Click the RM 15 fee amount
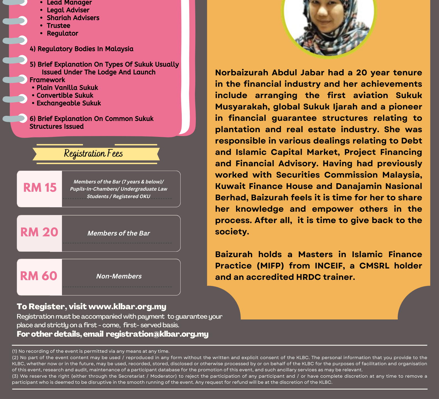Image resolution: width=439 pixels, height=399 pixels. tap(40, 188)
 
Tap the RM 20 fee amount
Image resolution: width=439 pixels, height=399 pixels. tap(39, 232)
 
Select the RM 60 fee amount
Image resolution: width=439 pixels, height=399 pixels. tap(39, 276)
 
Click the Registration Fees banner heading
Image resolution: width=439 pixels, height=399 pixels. tap(93, 154)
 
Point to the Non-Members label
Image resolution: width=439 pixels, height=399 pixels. tap(119, 276)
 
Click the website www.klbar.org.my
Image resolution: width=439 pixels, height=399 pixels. tap(127, 306)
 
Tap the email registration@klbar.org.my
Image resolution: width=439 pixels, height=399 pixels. tap(157, 334)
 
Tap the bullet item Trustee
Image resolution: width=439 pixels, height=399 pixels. tap(58, 26)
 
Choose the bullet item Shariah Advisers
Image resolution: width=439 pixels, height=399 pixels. tap(73, 18)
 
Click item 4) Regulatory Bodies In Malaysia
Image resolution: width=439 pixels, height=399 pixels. tap(82, 49)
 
